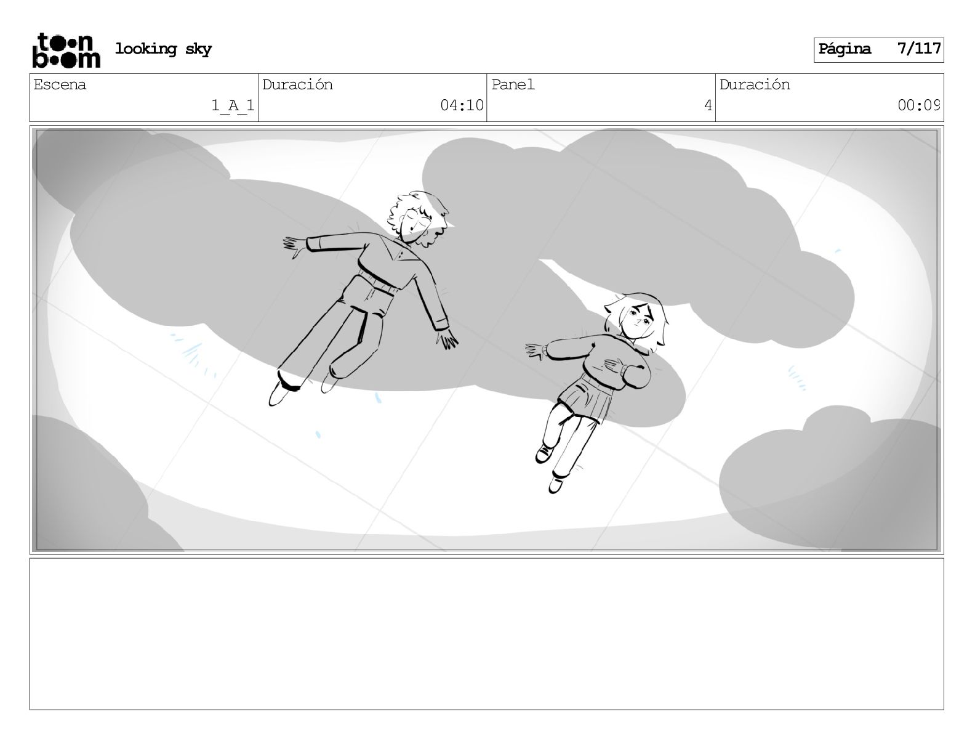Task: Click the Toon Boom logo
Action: click(x=66, y=51)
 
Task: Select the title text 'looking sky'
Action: click(x=163, y=49)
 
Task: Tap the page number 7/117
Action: click(x=918, y=49)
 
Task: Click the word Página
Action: click(x=845, y=49)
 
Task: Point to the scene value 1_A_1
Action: click(x=233, y=105)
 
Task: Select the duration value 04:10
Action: click(x=462, y=105)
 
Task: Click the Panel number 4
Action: click(x=708, y=105)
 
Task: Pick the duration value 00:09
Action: click(x=918, y=105)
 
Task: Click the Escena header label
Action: click(x=60, y=85)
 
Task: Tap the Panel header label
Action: click(x=513, y=85)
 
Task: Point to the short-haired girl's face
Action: click(x=639, y=319)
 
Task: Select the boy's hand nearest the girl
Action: click(x=447, y=339)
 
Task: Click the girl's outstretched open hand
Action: click(x=536, y=351)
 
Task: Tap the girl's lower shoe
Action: click(x=556, y=485)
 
